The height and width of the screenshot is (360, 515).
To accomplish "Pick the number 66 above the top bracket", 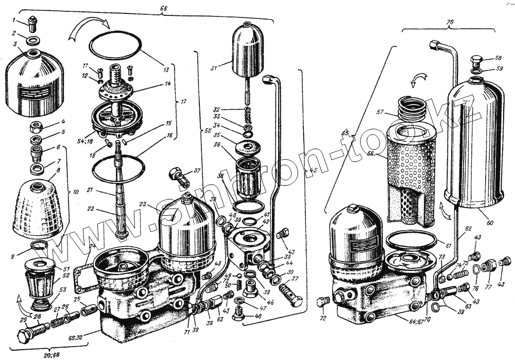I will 164,8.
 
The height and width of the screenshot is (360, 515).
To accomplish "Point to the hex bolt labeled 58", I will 476,59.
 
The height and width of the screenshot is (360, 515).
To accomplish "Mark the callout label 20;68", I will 49,354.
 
